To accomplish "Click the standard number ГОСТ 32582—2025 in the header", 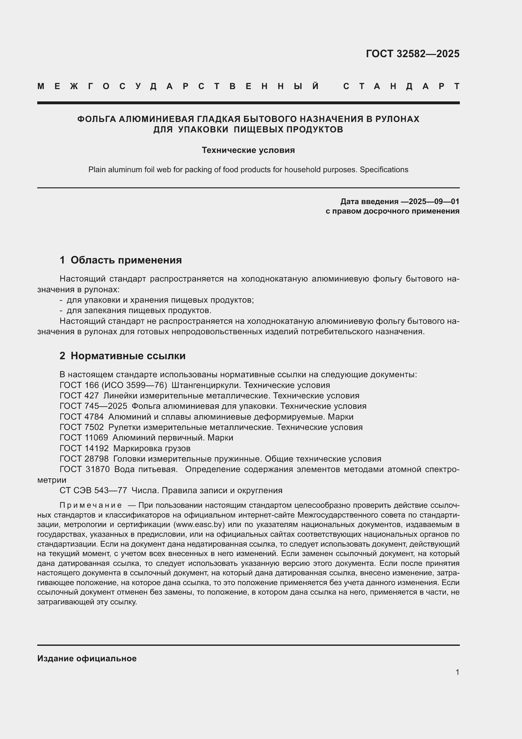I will (412, 54).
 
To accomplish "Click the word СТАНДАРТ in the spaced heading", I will (401, 86).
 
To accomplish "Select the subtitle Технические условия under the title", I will (248, 150).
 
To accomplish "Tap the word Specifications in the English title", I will (384, 170).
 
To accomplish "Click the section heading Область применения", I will (126, 260).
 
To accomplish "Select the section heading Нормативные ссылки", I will (128, 356).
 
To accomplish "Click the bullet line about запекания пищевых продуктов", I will (139, 311).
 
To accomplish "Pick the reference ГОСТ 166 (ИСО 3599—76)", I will (113, 385).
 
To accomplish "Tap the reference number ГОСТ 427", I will (79, 396).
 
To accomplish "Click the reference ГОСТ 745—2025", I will (93, 406).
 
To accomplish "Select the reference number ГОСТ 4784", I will (82, 417).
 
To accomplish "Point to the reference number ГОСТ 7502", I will (82, 427).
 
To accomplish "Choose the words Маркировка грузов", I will (152, 448).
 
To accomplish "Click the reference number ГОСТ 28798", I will (84, 459).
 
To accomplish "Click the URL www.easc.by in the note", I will (199, 525).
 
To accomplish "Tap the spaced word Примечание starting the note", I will (91, 506).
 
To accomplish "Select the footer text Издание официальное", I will (87, 658).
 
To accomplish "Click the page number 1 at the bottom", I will (457, 672).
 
